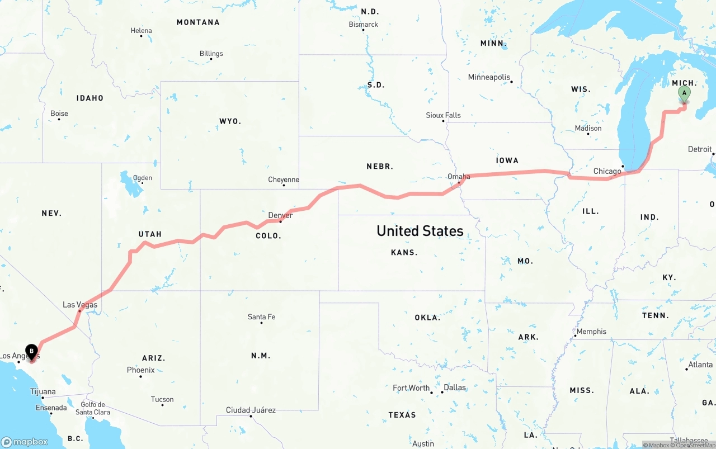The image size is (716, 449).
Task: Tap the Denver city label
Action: (280, 215)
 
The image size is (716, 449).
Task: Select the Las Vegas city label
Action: (80, 305)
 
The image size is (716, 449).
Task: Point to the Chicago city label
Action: (607, 171)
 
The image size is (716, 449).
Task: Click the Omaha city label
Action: (459, 177)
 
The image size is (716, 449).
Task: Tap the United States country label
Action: (420, 230)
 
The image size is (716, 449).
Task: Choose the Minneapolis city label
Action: (489, 77)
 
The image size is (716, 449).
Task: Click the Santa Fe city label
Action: (261, 317)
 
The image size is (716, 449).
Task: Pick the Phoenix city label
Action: (140, 370)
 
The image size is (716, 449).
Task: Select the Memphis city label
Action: (591, 332)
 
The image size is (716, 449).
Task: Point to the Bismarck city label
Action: (364, 25)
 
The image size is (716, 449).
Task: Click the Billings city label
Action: (211, 54)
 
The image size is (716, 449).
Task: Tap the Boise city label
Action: (59, 114)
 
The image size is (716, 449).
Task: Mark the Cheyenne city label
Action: (284, 180)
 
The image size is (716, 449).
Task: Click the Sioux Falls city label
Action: (444, 115)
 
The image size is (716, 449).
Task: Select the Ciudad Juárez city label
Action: (251, 410)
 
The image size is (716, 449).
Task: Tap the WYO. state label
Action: (230, 121)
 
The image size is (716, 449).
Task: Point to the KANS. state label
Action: (404, 253)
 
